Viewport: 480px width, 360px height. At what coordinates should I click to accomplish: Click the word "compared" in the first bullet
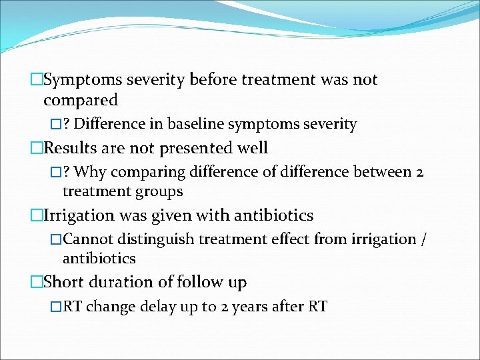80,101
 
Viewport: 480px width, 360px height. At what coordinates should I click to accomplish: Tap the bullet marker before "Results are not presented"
37,148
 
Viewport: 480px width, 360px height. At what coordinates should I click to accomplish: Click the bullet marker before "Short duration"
37,283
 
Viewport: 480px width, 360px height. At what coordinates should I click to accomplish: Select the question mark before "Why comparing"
67,172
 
